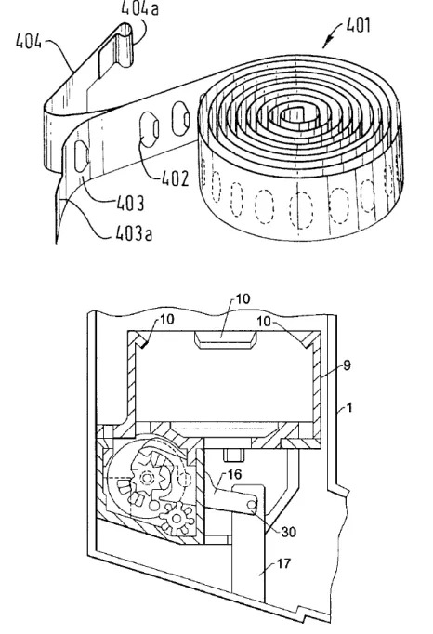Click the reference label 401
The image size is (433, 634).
tap(358, 25)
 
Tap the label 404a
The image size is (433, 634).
tap(139, 8)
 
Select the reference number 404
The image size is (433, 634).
tap(29, 41)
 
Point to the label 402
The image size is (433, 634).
tap(175, 178)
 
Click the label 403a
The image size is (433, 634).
tap(134, 233)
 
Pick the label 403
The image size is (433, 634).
tap(130, 204)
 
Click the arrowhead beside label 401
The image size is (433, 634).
tap(327, 44)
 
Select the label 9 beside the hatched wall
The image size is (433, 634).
tap(347, 365)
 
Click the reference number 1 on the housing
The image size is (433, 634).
tap(350, 407)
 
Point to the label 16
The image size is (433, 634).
tap(234, 474)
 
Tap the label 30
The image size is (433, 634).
tap(288, 532)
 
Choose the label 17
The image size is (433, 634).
tap(283, 563)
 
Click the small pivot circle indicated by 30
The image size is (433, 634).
tap(253, 505)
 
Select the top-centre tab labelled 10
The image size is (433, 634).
tap(225, 339)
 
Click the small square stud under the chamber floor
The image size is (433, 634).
tap(234, 455)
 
